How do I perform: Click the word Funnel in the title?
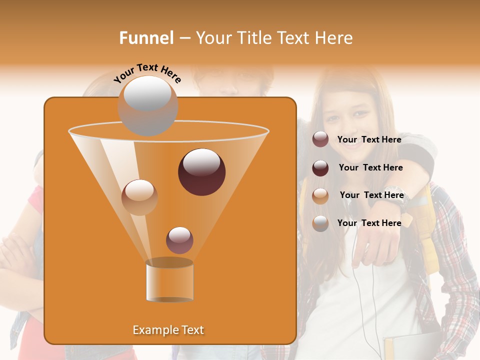(x=146, y=38)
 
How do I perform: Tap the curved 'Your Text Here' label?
(x=147, y=72)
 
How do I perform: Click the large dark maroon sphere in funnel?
(x=201, y=172)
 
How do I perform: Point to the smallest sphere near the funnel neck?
(x=179, y=240)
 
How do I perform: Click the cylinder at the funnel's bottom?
(x=169, y=280)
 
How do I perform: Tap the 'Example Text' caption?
(x=168, y=330)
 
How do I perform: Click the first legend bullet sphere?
(x=320, y=139)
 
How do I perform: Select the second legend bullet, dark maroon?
(x=320, y=168)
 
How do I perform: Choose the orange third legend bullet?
(x=320, y=196)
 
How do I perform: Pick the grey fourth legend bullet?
(x=320, y=223)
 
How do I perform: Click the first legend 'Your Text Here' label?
(x=369, y=140)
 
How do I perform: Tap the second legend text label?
(x=370, y=167)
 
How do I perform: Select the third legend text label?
(x=371, y=195)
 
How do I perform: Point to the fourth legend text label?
(x=369, y=223)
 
